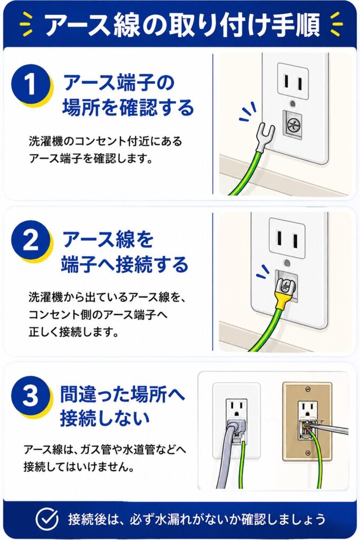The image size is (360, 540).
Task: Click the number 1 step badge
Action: coord(31,84)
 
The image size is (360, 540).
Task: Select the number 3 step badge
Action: coord(31,396)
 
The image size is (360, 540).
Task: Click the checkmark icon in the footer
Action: coord(47,519)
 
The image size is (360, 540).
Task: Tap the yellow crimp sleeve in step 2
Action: coord(280,301)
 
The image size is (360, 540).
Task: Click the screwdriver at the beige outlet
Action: coord(330,427)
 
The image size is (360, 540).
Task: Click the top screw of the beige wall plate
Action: coord(308,389)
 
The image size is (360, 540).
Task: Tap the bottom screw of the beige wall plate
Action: coord(308,453)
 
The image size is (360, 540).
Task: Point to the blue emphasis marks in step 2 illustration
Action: coord(264,272)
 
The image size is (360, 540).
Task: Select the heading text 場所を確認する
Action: coord(129,107)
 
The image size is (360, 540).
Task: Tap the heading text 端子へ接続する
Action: coord(125,265)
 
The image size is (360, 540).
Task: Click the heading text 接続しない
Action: coord(105,418)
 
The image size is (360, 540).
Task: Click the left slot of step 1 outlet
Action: coord(286,82)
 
